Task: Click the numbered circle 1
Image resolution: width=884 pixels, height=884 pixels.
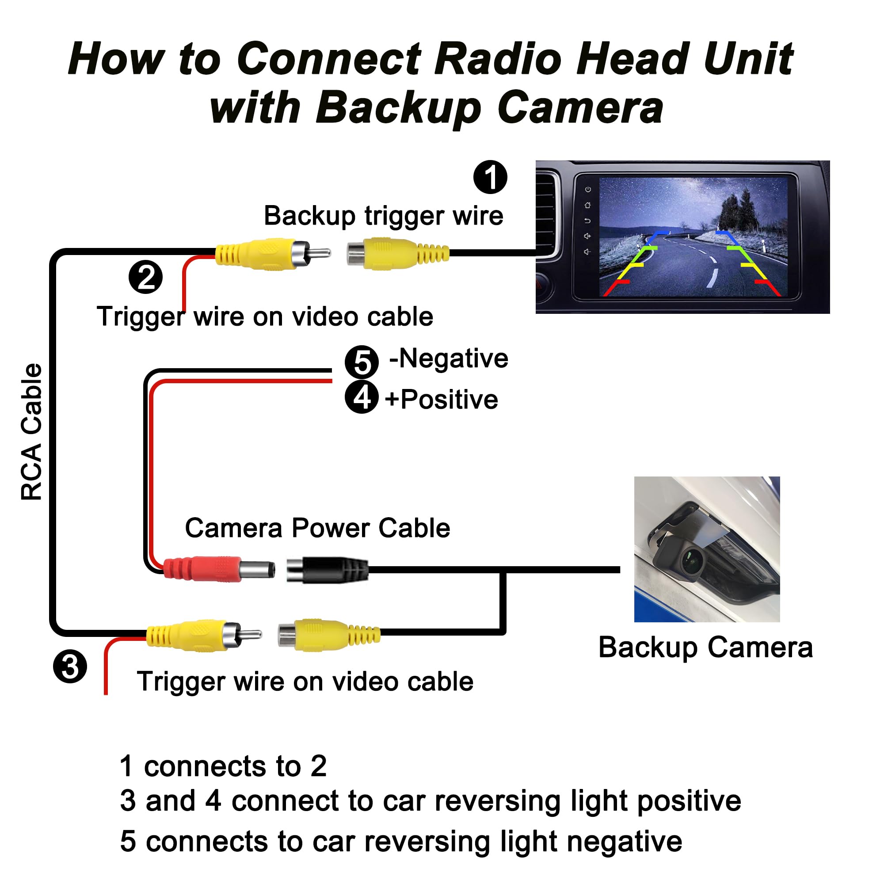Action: pyautogui.click(x=490, y=177)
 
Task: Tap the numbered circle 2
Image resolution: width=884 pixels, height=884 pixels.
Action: pyautogui.click(x=145, y=277)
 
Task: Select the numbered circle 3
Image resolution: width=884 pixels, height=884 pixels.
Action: pyautogui.click(x=70, y=667)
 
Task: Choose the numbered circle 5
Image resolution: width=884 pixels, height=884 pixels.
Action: pyautogui.click(x=362, y=362)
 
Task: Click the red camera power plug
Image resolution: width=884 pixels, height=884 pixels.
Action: pyautogui.click(x=219, y=569)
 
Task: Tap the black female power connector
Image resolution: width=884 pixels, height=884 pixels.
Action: pyautogui.click(x=327, y=570)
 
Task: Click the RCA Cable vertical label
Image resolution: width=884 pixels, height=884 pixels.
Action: pyautogui.click(x=31, y=431)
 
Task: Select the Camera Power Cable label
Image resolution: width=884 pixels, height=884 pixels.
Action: pyautogui.click(x=317, y=528)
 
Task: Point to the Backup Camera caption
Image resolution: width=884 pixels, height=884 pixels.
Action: pyautogui.click(x=705, y=648)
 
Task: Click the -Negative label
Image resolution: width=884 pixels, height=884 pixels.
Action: pyautogui.click(x=448, y=358)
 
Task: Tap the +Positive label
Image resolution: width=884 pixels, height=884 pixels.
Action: pyautogui.click(x=442, y=399)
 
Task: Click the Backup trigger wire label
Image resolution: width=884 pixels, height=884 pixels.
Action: pyautogui.click(x=383, y=216)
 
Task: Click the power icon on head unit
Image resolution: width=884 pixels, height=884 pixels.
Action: pyautogui.click(x=588, y=190)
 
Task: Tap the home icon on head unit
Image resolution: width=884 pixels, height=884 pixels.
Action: pyautogui.click(x=588, y=205)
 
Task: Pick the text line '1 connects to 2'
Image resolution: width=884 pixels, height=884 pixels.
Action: pyautogui.click(x=223, y=766)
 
